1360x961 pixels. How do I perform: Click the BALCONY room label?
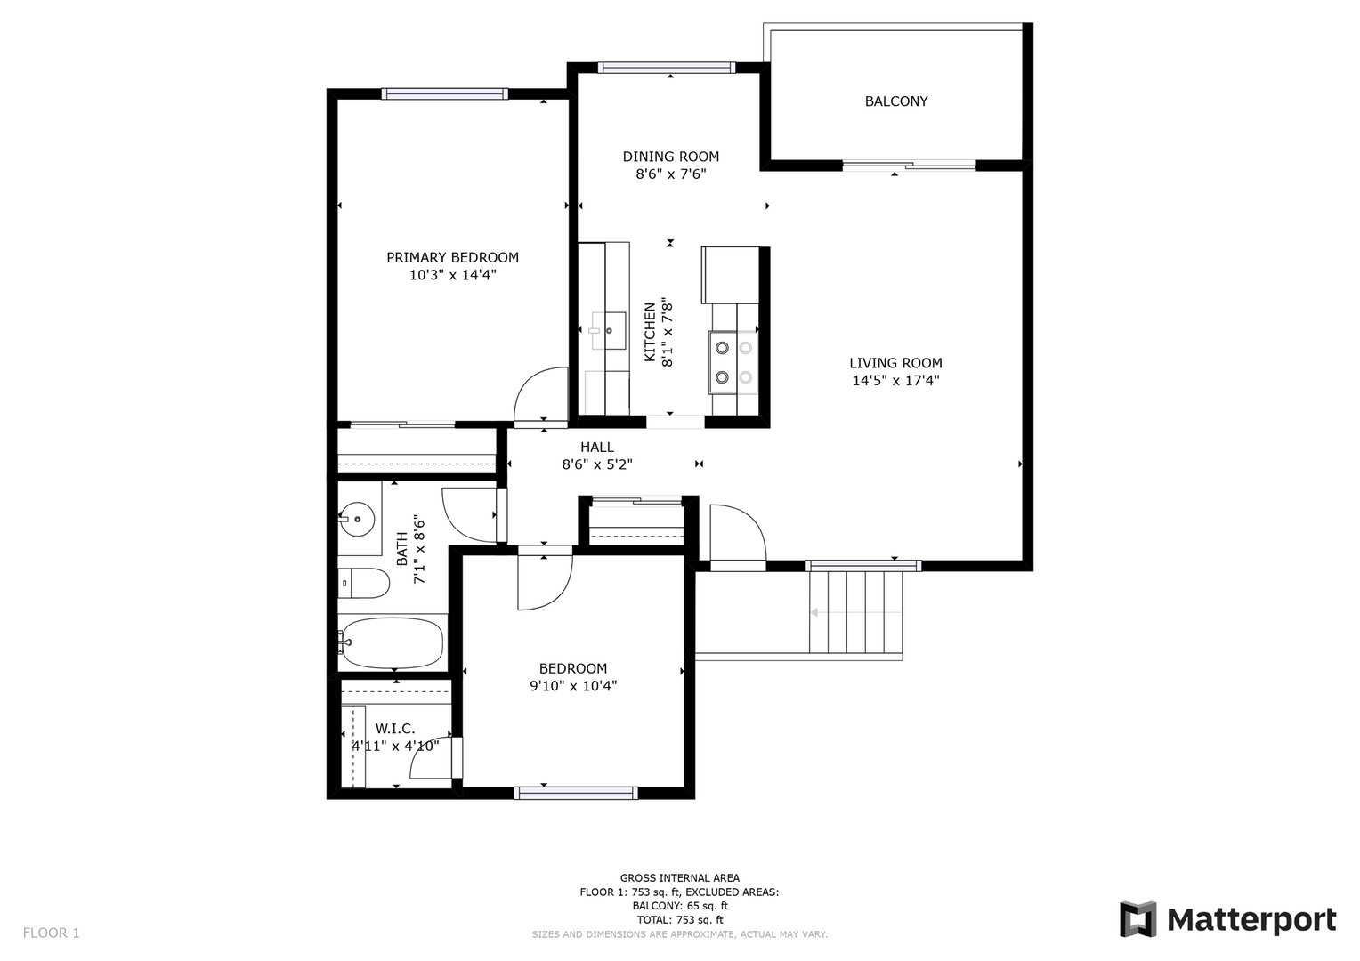pos(895,101)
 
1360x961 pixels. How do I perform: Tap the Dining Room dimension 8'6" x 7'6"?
pos(670,174)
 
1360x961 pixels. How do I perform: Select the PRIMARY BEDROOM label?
pos(452,257)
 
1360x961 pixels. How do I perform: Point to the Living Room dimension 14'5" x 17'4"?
pos(895,381)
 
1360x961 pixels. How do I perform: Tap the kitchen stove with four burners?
pos(733,362)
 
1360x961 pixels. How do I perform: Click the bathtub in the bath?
pos(393,643)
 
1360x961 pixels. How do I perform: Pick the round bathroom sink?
pos(356,518)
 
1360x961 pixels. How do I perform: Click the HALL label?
pos(597,447)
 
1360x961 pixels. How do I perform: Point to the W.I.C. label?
pos(395,729)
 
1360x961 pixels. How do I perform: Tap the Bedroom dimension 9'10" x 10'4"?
pos(573,686)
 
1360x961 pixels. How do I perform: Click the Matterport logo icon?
pos(1137,919)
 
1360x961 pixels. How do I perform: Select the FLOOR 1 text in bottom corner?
pos(51,933)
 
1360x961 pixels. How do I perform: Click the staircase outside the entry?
pos(855,612)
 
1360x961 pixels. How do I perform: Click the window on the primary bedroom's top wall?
pos(445,93)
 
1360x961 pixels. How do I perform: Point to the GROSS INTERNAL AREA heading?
pos(679,878)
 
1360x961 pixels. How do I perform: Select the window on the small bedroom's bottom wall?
pos(576,793)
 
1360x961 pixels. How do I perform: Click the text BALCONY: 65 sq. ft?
pos(679,906)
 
